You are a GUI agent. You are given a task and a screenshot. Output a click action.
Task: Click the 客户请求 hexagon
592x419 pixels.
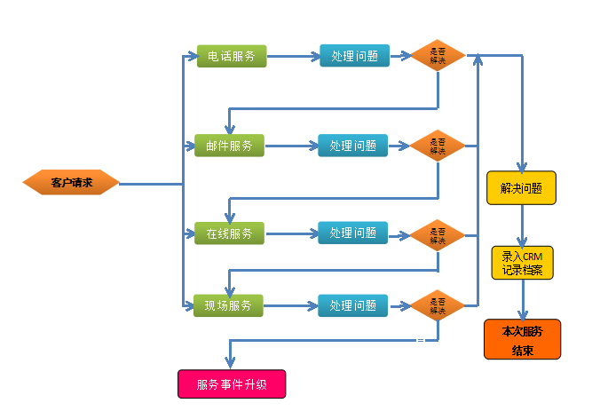[x=71, y=183]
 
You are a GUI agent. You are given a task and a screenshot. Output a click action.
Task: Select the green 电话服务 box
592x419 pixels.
[x=231, y=56]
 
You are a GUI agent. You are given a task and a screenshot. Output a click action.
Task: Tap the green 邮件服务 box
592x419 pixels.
[x=229, y=146]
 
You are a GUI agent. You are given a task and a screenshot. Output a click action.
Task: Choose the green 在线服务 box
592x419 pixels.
[x=229, y=233]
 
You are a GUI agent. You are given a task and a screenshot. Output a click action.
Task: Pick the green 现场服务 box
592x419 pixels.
[x=229, y=305]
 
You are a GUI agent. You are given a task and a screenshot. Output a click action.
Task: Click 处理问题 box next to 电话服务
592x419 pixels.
[x=354, y=56]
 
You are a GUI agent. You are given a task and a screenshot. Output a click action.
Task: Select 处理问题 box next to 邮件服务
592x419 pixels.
[x=352, y=146]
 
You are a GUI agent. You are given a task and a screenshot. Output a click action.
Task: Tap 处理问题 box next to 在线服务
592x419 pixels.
[x=352, y=233]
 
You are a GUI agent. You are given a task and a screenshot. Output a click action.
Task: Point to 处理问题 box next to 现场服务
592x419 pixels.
[x=352, y=305]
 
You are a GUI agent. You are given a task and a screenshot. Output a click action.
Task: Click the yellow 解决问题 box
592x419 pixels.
[x=521, y=188]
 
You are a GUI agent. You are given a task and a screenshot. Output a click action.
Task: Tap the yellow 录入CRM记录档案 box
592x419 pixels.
[x=522, y=264]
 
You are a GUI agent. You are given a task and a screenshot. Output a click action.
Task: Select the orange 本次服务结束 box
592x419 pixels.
[x=522, y=339]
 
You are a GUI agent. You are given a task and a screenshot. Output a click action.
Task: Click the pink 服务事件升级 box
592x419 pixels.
[x=232, y=384]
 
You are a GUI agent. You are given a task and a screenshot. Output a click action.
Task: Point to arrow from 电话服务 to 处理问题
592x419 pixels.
[x=293, y=56]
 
